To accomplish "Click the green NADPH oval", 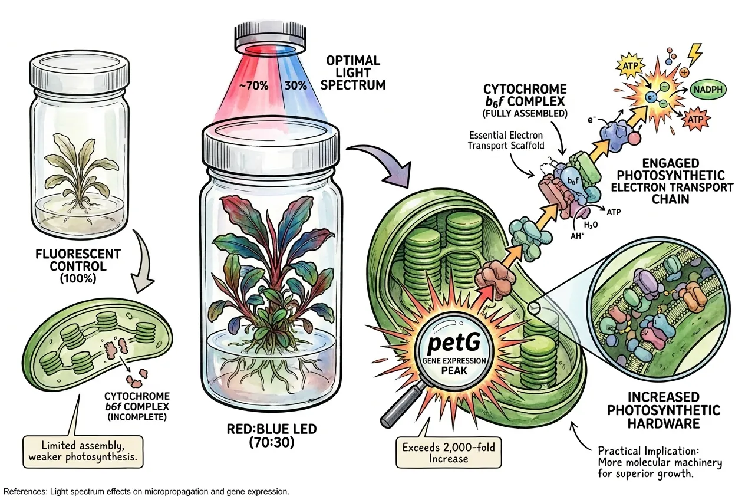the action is pos(708,90).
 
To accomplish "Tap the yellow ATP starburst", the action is pos(630,67).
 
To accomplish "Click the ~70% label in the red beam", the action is pos(253,86).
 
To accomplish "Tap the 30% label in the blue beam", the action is pos(295,86).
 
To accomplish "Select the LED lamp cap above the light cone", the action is pos(270,37).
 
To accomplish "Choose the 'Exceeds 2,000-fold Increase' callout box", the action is pos(449,453).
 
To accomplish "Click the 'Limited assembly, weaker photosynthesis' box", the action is pos(83,452).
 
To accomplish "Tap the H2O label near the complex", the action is pos(591,226).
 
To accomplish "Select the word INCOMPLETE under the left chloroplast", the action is pos(137,417).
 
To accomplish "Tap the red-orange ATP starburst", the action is pos(695,119).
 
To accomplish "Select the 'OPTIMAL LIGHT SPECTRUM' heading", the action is pos(353,73).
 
